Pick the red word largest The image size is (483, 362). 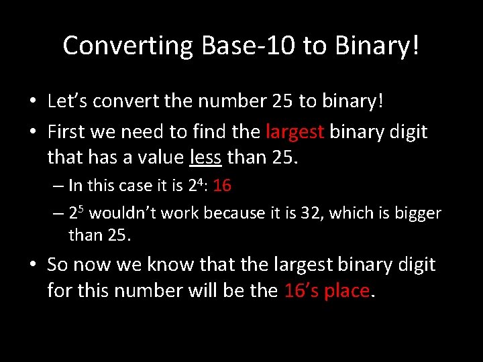296,131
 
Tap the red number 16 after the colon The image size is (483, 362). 222,186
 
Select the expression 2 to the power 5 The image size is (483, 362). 75,213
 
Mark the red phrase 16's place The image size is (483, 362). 327,291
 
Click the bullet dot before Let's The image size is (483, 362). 32,102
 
